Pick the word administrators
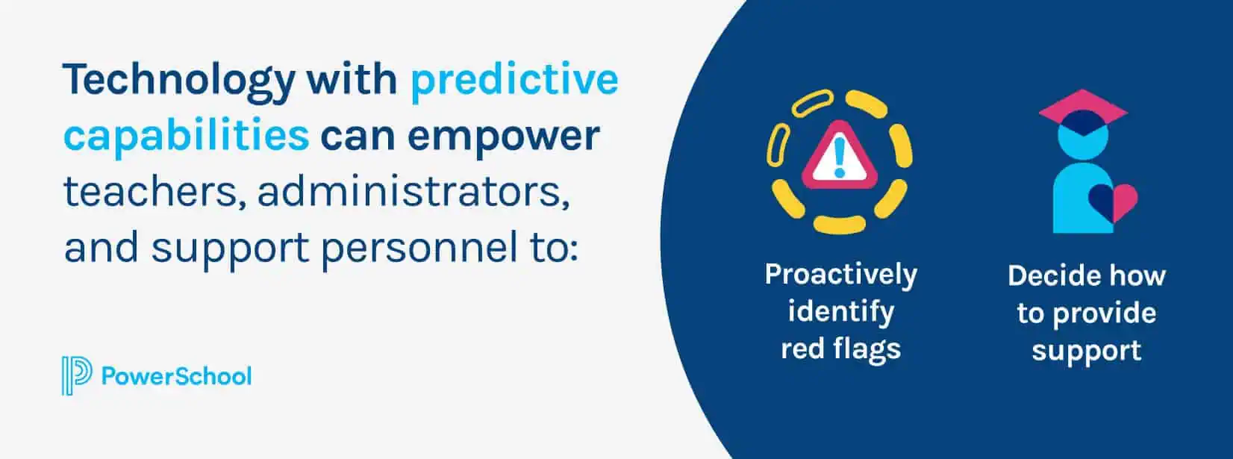pyautogui.click(x=413, y=192)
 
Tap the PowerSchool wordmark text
pyautogui.click(x=177, y=376)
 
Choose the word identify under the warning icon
pyautogui.click(x=840, y=312)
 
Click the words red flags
pyautogui.click(x=840, y=349)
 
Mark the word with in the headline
pyautogui.click(x=352, y=80)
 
